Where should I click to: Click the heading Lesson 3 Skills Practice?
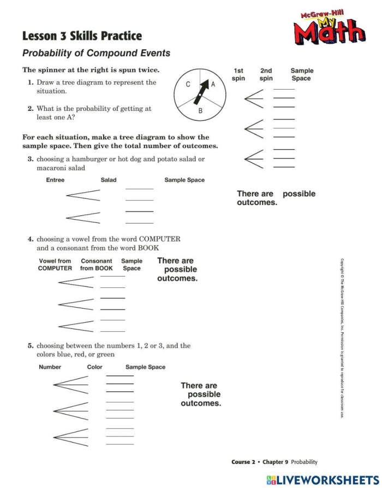coord(82,36)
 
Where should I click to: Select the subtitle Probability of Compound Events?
coord(96,54)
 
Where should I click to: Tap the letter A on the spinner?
coord(213,85)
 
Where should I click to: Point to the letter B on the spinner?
coord(200,111)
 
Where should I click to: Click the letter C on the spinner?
coord(188,85)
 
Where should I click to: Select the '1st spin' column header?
coord(238,74)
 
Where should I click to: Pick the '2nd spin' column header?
coord(266,74)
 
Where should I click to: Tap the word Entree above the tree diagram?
coord(55,180)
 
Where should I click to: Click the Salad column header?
coord(109,180)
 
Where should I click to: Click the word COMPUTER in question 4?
coord(159,239)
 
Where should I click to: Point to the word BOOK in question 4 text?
coord(148,248)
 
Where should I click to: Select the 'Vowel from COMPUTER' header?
coord(55,264)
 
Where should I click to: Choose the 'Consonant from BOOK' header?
coord(96,264)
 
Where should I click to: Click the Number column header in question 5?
coord(50,367)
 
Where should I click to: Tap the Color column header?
coord(94,367)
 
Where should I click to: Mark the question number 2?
coord(31,109)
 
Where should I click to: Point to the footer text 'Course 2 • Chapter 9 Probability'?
coord(274,462)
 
